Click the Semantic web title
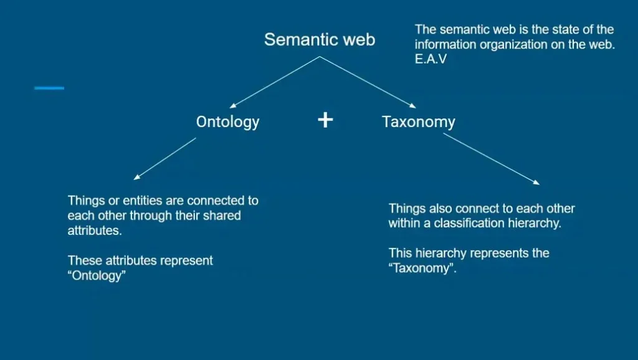click(320, 40)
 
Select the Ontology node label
click(227, 121)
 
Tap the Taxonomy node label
click(418, 121)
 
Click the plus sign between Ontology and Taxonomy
click(325, 120)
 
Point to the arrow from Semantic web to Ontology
click(274, 82)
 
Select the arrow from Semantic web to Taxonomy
click(368, 82)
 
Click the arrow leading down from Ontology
click(165, 159)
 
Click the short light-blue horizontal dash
click(49, 88)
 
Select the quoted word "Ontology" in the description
click(97, 275)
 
